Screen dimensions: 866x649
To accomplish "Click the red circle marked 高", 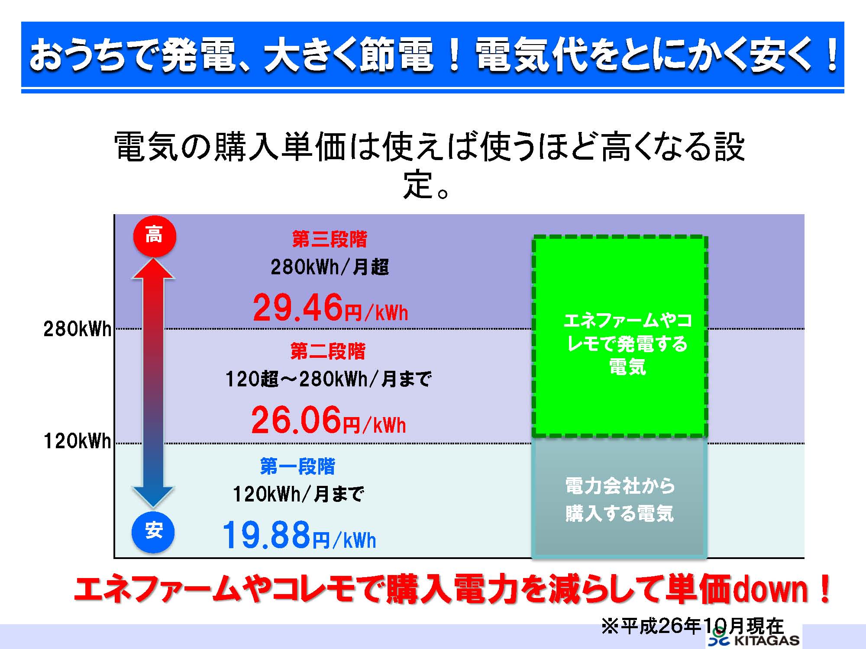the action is (154, 236).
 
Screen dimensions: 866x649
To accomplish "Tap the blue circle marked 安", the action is (153, 531).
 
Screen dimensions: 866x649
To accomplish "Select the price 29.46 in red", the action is (298, 307).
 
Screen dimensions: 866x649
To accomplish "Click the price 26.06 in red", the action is (296, 419).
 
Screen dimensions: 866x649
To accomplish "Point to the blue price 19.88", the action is (267, 535).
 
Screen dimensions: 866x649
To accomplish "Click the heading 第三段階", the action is (330, 239).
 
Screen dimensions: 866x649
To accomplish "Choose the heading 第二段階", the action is (328, 351).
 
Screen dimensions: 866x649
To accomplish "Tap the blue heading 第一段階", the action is (297, 466).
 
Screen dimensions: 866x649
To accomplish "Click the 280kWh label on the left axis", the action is (78, 329).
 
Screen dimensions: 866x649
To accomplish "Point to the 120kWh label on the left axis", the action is (78, 441).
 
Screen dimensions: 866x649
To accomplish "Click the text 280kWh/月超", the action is (330, 267).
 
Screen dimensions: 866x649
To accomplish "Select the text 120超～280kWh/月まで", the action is (328, 379).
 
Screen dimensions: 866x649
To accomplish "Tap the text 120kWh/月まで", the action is (298, 494).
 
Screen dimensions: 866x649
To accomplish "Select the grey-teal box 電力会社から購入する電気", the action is (620, 498).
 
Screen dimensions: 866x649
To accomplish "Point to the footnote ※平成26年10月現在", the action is (693, 626).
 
